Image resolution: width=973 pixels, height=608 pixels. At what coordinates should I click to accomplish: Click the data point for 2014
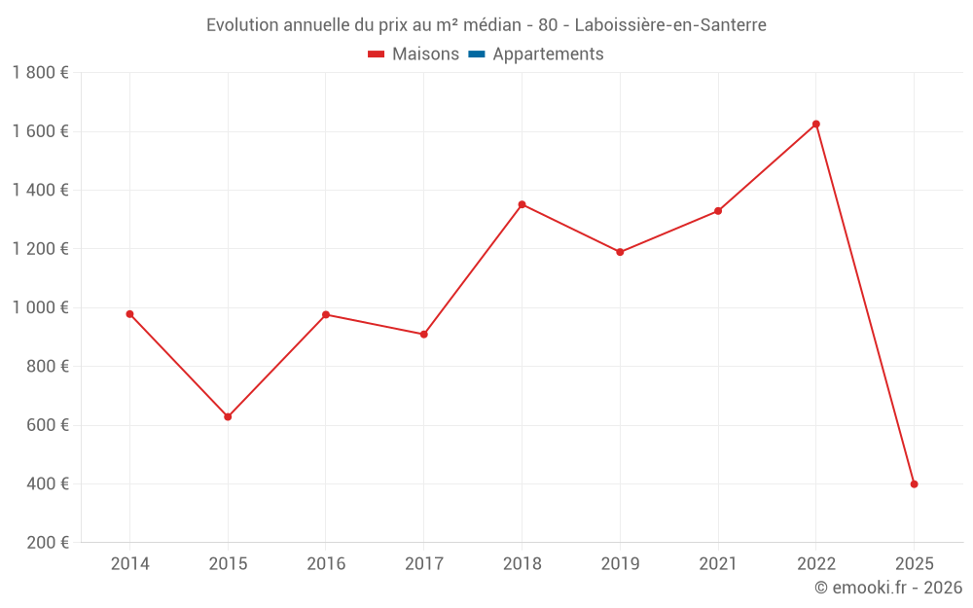(x=129, y=314)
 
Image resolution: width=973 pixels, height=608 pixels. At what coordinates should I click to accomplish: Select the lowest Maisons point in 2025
(x=914, y=483)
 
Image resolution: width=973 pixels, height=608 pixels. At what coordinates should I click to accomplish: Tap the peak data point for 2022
(x=816, y=125)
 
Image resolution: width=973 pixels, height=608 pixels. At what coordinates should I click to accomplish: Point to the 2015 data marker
(x=228, y=416)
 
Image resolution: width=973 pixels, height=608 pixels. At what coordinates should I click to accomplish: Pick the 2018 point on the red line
(x=522, y=204)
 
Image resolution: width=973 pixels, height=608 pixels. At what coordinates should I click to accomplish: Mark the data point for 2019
(x=620, y=252)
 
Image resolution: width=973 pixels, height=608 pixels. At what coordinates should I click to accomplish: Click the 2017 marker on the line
(x=424, y=335)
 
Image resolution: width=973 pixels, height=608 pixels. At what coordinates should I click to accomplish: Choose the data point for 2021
(x=718, y=211)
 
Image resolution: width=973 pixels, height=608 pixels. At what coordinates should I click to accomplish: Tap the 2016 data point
(x=326, y=314)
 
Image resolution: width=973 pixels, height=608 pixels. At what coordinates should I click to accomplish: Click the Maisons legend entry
(x=414, y=54)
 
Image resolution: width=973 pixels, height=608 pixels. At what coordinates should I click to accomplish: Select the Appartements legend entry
(x=536, y=54)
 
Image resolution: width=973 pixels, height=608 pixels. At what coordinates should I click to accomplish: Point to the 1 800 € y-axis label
(x=40, y=73)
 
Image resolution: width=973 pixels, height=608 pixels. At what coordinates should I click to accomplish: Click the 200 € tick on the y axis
(x=46, y=542)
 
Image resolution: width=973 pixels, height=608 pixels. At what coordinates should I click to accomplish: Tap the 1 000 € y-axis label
(x=40, y=307)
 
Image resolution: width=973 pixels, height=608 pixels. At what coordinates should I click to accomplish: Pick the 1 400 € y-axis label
(x=40, y=190)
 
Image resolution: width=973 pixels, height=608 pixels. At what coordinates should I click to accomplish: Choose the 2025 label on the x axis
(x=914, y=563)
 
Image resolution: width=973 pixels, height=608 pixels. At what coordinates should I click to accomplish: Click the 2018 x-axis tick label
(x=522, y=563)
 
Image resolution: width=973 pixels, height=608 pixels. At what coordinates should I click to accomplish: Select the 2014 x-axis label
(x=129, y=563)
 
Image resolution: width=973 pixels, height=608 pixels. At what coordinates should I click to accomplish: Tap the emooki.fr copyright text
(x=888, y=588)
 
